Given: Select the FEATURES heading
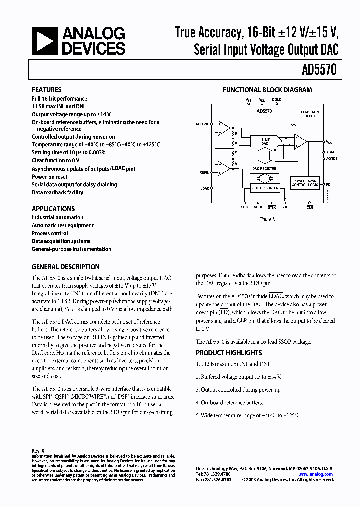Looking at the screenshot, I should [47, 90].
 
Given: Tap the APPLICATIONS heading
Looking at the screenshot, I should [53, 209].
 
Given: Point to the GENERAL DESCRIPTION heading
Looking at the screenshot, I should [66, 267].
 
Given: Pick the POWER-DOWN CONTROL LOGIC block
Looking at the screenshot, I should [305, 183].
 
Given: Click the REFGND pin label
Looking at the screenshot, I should [203, 123].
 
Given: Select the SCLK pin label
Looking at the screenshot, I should [258, 207].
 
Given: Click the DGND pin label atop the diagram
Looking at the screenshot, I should [277, 100].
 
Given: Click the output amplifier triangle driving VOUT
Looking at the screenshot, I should [300, 142].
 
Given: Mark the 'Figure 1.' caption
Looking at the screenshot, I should [266, 219].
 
